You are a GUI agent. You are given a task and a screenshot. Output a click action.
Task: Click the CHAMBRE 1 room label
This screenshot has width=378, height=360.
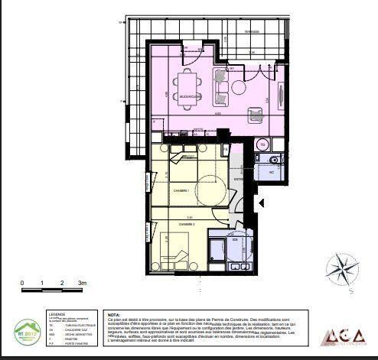(x=181, y=190)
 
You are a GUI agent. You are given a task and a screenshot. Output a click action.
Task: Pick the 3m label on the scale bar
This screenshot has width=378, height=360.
(x=81, y=283)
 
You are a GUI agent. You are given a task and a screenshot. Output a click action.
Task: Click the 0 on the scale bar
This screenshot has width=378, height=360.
(x=22, y=283)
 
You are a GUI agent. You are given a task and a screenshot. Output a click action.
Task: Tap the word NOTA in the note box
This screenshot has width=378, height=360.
(x=114, y=313)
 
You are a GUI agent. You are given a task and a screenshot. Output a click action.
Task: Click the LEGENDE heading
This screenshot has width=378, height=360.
(x=58, y=313)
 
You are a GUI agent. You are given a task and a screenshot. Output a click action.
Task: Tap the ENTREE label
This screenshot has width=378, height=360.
(x=238, y=180)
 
